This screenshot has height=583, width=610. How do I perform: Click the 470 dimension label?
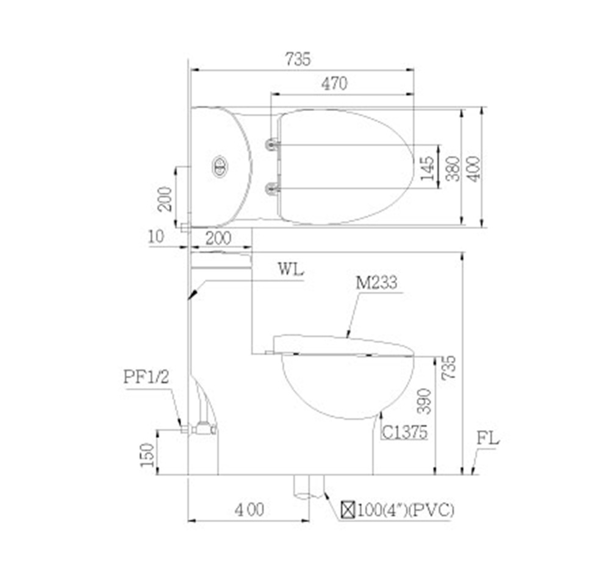[x=334, y=83]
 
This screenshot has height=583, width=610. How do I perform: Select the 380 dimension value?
[x=453, y=168]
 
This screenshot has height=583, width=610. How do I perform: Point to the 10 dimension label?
[x=156, y=236]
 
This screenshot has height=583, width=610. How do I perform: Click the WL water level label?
[x=290, y=269]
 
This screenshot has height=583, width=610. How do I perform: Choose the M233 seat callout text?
[x=376, y=283]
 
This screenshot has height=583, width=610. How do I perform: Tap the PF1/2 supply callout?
[x=146, y=376]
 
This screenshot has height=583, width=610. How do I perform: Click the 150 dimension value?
[x=147, y=455]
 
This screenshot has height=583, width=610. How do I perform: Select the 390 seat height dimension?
[x=424, y=401]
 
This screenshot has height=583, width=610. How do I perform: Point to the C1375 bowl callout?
[x=404, y=432]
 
